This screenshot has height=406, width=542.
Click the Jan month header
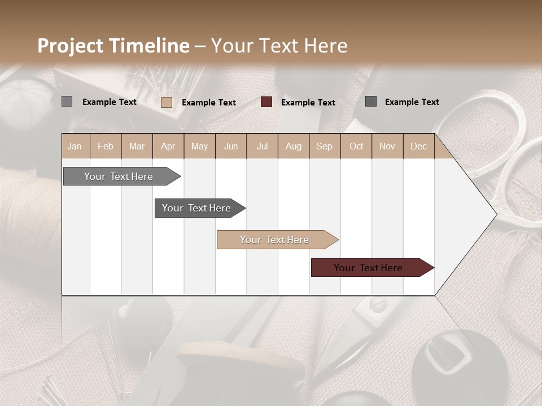pos(75,146)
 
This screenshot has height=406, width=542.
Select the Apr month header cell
pos(168,146)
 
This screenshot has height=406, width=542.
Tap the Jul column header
pos(262,146)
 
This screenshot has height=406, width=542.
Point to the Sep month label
pos(324,146)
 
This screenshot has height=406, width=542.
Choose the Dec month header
pos(418,146)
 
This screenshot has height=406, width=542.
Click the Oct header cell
pos(356,146)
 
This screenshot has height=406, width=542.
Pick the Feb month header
pos(106,146)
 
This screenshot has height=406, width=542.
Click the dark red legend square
pos(266,102)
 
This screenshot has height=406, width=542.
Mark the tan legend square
pos(167,102)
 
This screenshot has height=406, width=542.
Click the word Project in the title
pos(71,46)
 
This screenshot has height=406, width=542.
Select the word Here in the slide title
pos(326,46)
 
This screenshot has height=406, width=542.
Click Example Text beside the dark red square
pos(308,102)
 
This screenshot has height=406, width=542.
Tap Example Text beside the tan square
pos(209,102)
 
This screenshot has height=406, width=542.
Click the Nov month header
pos(387,146)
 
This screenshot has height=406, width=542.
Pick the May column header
pos(199,146)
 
